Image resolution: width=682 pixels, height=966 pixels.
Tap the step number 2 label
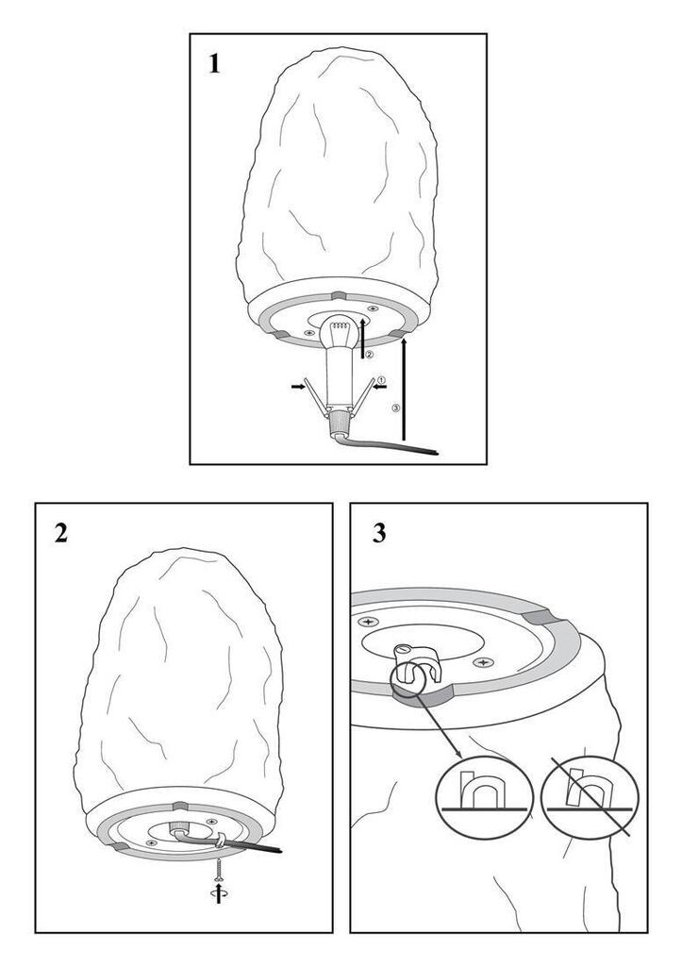click(61, 533)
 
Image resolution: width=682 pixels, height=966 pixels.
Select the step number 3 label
click(379, 533)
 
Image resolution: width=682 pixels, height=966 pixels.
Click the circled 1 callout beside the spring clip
click(381, 380)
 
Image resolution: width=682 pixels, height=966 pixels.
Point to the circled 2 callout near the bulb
click(370, 354)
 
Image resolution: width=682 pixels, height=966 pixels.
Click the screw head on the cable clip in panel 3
click(403, 650)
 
